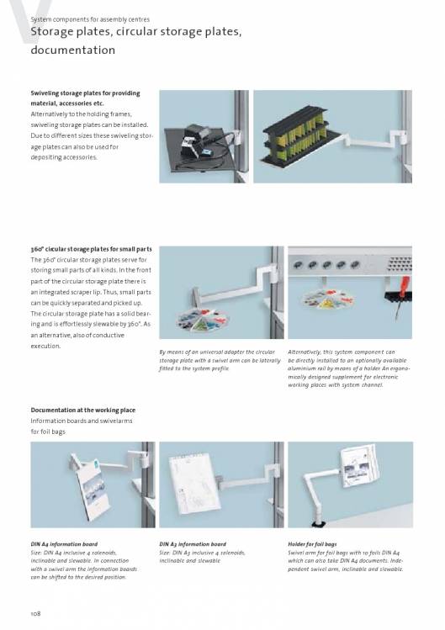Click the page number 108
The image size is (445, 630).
click(x=36, y=613)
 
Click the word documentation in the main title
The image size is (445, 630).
click(x=72, y=50)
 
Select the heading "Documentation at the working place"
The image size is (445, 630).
click(x=82, y=410)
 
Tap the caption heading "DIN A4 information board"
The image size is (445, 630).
click(x=64, y=544)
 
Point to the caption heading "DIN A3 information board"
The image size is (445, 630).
click(x=193, y=544)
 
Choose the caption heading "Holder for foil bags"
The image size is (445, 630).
click(x=312, y=544)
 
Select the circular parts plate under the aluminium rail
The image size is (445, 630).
click(x=329, y=299)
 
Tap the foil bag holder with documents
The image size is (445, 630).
click(x=358, y=466)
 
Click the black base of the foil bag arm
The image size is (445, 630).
click(x=319, y=523)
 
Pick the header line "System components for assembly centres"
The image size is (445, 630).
click(x=90, y=19)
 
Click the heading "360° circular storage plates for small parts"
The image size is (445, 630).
click(x=91, y=249)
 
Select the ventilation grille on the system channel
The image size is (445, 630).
click(x=399, y=263)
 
